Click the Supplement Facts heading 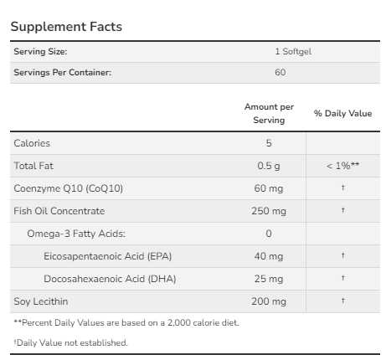66,27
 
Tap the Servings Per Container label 62,72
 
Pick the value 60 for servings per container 280,72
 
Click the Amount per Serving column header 269,114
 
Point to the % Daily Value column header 342,113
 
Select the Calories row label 32,144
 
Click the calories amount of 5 269,144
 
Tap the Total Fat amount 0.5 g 269,166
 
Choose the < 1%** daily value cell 343,166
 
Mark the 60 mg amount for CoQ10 269,188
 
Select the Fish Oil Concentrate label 59,210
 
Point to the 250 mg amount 269,210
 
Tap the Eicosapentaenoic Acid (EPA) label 113,255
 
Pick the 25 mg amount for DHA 269,278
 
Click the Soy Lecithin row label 40,300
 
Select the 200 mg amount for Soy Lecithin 269,300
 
